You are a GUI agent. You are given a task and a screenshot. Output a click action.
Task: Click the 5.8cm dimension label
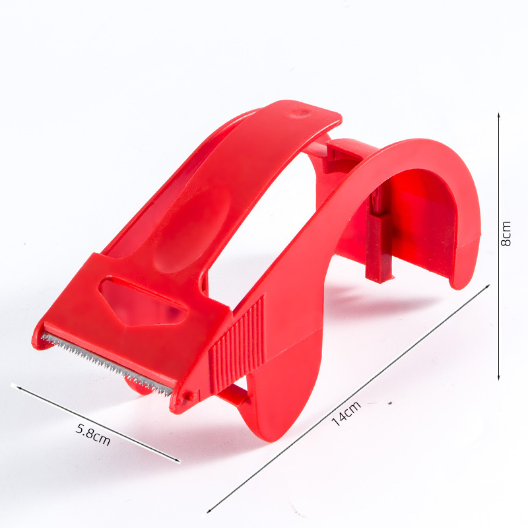tap(93, 434)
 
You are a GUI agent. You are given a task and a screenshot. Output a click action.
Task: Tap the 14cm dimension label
tap(346, 414)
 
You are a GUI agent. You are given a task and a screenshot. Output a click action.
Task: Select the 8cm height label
tap(506, 234)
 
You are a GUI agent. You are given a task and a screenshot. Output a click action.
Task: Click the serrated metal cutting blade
tap(106, 364)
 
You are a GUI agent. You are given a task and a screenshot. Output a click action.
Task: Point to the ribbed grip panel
tap(237, 345)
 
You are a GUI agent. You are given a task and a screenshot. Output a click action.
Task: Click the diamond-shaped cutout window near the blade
tap(143, 302)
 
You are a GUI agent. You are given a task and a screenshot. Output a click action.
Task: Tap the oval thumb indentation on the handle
tap(192, 229)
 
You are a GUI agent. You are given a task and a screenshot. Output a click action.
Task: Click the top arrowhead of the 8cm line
tap(499, 115)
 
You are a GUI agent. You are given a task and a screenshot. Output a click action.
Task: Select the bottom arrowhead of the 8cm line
tap(499, 378)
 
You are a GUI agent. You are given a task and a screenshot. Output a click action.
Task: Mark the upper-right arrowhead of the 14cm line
tap(488, 286)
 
